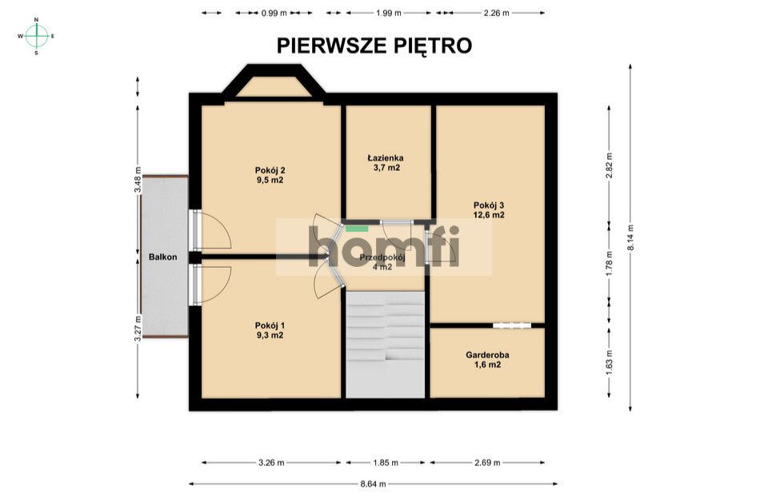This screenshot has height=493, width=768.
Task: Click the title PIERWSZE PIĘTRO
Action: (x=374, y=46)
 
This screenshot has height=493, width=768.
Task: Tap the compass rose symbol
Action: (x=37, y=36)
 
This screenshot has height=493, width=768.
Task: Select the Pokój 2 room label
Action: (x=270, y=175)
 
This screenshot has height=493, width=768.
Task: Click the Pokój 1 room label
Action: (x=270, y=330)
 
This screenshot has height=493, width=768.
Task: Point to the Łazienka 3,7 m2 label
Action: (x=386, y=163)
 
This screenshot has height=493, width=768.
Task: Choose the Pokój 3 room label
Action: (x=489, y=209)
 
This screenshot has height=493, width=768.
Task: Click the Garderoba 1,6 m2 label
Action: (x=488, y=360)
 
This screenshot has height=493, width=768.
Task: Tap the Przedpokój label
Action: (x=382, y=262)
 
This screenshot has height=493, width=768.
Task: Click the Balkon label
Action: (x=162, y=257)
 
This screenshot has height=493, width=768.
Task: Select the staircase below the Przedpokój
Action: (x=385, y=344)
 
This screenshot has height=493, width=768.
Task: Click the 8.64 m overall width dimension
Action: (x=373, y=483)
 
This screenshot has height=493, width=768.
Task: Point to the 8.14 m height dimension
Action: (x=631, y=236)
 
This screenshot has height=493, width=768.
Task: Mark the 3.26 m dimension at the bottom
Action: (x=272, y=463)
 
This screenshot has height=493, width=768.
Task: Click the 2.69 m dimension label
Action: (x=487, y=463)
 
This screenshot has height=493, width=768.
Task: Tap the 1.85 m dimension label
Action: (x=386, y=463)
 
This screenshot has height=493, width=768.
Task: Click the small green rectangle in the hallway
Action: (x=351, y=229)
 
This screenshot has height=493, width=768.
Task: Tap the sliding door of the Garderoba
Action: (x=511, y=325)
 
